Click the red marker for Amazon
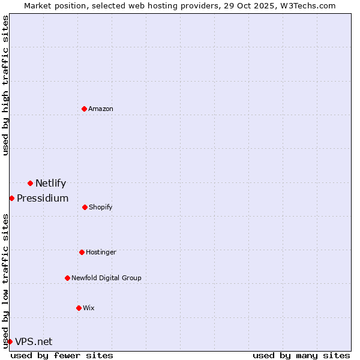pos(84,109)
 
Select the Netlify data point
pos(30,183)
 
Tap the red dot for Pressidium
pos(11,198)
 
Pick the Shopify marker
pos(85,207)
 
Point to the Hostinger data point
pos(82,252)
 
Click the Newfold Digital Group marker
pos(67,278)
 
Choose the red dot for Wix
pos(79,308)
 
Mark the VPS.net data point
pos(10,341)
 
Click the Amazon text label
pos(101,109)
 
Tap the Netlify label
pos(50,184)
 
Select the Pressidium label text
pos(43,199)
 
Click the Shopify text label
pos(101,207)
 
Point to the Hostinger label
pos(101,252)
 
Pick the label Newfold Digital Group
pos(106,278)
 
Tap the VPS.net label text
pos(34,342)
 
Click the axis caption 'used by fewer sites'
pos(62,355)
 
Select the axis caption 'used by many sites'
pos(301,355)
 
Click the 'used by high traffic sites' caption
pos(5,86)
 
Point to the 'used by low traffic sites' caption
pos(5,281)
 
